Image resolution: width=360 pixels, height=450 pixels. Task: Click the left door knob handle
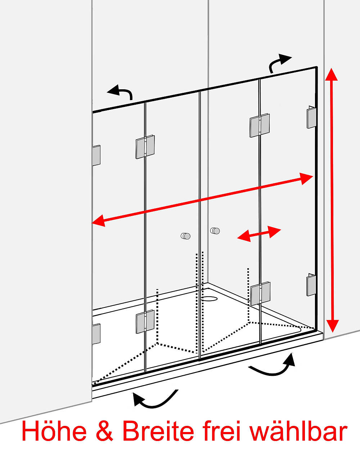[x=185, y=236]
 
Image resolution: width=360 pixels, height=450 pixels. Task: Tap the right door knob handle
[x=215, y=231]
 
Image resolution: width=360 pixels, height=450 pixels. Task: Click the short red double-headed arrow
[x=259, y=234]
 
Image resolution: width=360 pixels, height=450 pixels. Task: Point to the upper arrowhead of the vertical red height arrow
[x=331, y=75]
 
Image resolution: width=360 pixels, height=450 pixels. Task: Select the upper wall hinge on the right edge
[x=311, y=117]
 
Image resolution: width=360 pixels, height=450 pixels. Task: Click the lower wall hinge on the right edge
[x=311, y=285]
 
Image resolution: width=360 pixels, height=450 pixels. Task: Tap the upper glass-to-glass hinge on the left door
[x=145, y=147]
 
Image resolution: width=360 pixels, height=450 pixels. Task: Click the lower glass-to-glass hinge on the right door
[x=260, y=294]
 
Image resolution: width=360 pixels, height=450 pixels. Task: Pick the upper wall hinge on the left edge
[x=96, y=156]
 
